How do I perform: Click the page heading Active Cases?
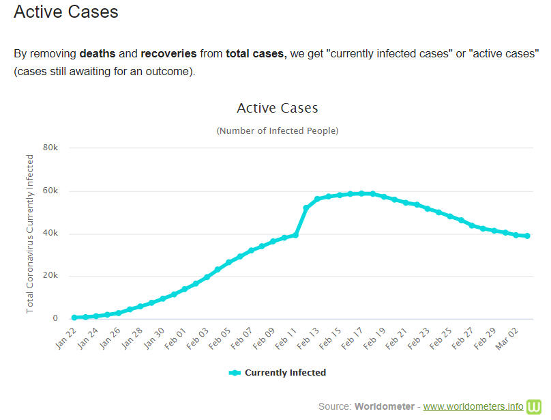coord(65,12)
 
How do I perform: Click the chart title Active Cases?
coord(277,108)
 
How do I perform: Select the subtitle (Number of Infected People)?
coord(277,130)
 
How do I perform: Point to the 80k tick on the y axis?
coord(50,148)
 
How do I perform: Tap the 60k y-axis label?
coord(50,191)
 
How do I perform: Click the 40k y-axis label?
coord(50,234)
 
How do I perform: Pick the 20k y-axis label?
coord(50,277)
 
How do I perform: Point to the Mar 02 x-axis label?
coord(506,336)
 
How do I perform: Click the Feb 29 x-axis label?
coord(484,336)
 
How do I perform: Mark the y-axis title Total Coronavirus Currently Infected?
coord(30,234)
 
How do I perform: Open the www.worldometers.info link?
coord(473,406)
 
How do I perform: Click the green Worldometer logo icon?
coord(533,406)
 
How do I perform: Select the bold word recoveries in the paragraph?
coord(169,53)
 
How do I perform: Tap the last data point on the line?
coord(528,236)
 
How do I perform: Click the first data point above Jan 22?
coord(74,318)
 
